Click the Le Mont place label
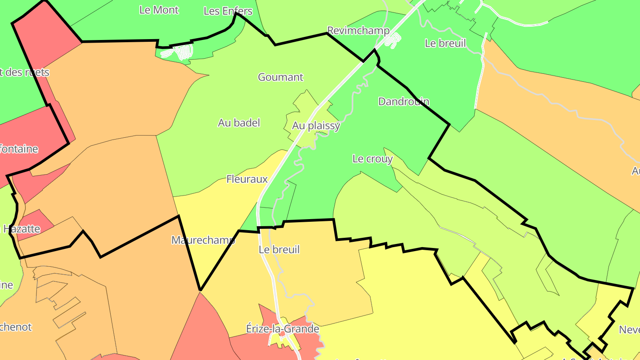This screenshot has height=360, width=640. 159,10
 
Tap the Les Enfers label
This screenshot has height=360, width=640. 228,11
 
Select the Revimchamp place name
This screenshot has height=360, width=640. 358,31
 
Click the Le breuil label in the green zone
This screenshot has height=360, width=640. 445,43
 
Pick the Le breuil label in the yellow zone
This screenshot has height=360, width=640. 279,250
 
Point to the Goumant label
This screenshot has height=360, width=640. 280,77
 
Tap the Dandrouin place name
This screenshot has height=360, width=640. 404,101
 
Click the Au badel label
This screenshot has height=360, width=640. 239,123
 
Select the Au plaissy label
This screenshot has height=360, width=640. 316,126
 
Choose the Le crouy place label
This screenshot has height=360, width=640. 372,159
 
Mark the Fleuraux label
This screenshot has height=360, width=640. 247,179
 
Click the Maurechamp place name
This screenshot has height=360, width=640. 203,240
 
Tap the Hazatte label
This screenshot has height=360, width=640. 22,229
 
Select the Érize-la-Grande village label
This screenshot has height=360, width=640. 283,329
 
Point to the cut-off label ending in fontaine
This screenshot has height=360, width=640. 19,149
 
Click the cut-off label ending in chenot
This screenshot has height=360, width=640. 16,327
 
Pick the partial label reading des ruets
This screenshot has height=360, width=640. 24,72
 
